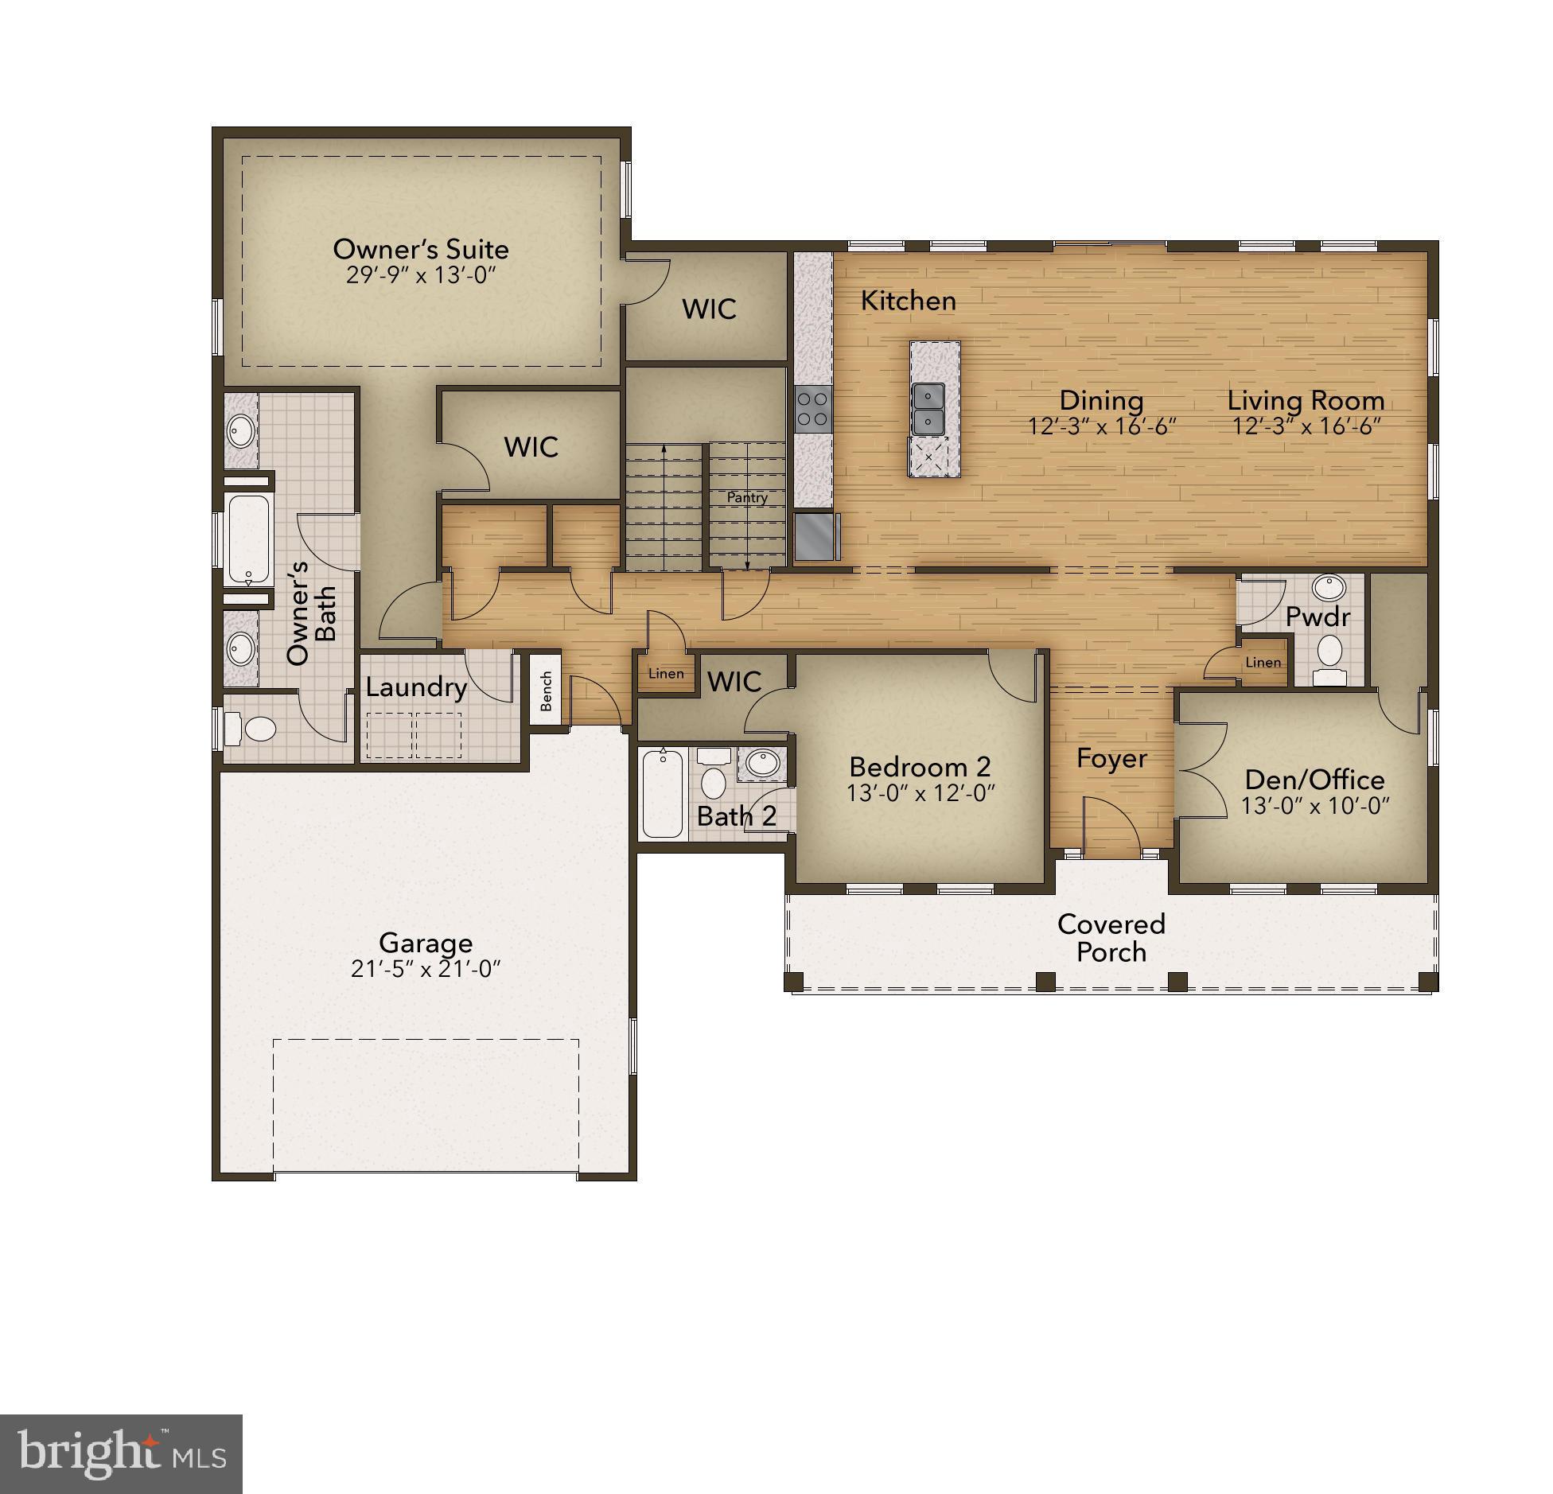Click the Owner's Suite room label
pyautogui.click(x=420, y=249)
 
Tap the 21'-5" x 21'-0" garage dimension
pyautogui.click(x=425, y=969)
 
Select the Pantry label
pyautogui.click(x=747, y=497)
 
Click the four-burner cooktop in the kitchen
pyautogui.click(x=813, y=409)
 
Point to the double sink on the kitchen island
pyautogui.click(x=928, y=407)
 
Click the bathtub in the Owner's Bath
pyautogui.click(x=249, y=539)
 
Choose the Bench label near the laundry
pyautogui.click(x=547, y=690)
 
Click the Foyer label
pyautogui.click(x=1111, y=758)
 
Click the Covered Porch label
pyautogui.click(x=1111, y=938)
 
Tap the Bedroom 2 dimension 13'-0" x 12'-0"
pyautogui.click(x=921, y=793)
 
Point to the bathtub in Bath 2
pyautogui.click(x=662, y=792)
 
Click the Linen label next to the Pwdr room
pyautogui.click(x=1263, y=662)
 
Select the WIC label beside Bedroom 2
pyautogui.click(x=734, y=681)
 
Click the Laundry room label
pyautogui.click(x=415, y=687)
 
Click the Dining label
pyautogui.click(x=1101, y=400)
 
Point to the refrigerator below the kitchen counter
pyautogui.click(x=815, y=535)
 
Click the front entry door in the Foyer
pyautogui.click(x=1111, y=827)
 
